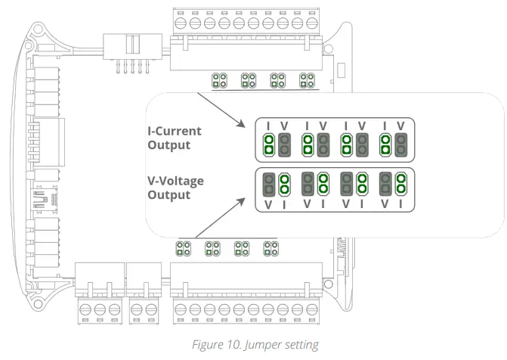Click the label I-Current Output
pyautogui.click(x=174, y=138)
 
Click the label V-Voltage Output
pyautogui.click(x=174, y=187)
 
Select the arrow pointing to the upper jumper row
pyautogui.click(x=219, y=110)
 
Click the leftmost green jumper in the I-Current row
pyautogui.click(x=268, y=144)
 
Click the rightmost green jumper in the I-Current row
pyautogui.click(x=385, y=144)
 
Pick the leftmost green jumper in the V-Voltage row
pyautogui.click(x=284, y=184)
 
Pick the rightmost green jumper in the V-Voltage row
pyautogui.click(x=401, y=184)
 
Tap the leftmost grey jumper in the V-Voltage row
pyautogui.click(x=268, y=184)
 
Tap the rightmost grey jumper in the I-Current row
pyautogui.click(x=401, y=144)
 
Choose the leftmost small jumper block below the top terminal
pyautogui.click(x=220, y=79)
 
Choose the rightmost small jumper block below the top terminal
pyautogui.click(x=307, y=79)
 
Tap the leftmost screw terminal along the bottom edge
pyautogui.click(x=85, y=309)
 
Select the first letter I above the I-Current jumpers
pyautogui.click(x=268, y=125)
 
